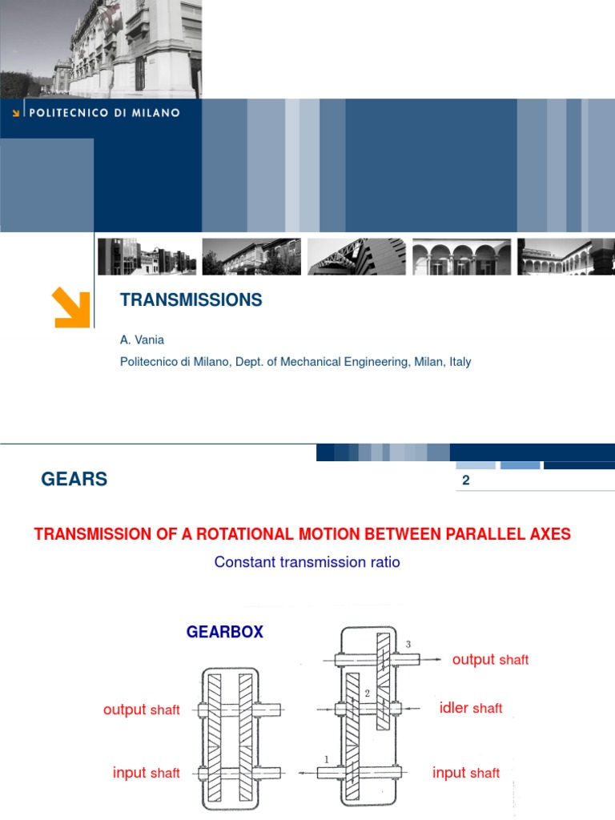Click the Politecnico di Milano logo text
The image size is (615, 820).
[104, 112]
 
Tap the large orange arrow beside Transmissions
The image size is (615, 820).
[71, 307]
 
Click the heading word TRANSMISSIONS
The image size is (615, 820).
[191, 299]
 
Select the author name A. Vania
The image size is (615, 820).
[142, 340]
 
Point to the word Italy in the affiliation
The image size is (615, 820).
[460, 361]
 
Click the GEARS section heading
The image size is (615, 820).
[74, 479]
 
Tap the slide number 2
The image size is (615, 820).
[466, 480]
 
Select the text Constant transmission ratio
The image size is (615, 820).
[307, 562]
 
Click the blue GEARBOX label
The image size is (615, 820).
[225, 632]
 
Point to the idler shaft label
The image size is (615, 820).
[471, 708]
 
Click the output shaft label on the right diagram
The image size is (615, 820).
[490, 660]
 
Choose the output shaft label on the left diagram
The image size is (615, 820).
[141, 709]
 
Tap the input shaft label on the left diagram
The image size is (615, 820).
[146, 773]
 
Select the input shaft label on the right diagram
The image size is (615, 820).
[465, 773]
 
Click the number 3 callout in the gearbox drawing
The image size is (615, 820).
[408, 645]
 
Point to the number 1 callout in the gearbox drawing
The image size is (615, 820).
[327, 759]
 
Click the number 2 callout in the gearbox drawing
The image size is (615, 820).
[367, 693]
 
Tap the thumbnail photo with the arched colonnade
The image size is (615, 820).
[461, 256]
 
